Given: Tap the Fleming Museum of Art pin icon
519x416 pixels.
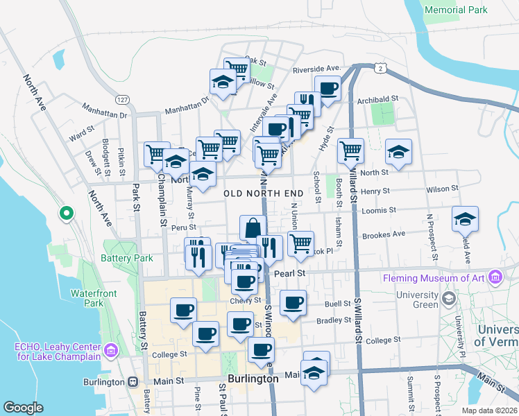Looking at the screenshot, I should click(495, 278).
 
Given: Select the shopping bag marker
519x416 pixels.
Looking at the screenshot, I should click(253, 227).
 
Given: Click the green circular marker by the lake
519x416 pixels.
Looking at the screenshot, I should click(66, 213).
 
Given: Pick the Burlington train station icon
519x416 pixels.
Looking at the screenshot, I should click(132, 381).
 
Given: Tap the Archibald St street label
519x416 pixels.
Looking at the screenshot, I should click(377, 100).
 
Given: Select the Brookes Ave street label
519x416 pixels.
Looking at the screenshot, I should click(389, 234).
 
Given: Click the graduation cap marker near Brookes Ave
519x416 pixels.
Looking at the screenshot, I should click(465, 219).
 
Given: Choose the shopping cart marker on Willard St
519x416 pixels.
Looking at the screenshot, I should click(351, 150).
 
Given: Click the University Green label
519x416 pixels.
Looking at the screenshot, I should click(417, 300).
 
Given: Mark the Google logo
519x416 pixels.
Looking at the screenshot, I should click(24, 408).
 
